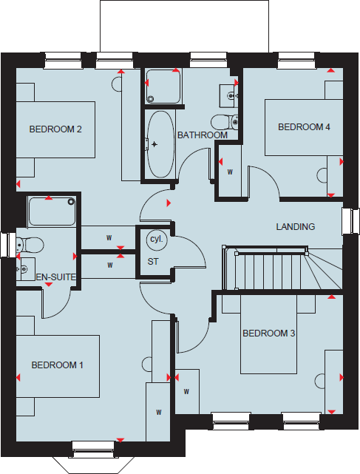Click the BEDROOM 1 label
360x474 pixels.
pyautogui.click(x=57, y=365)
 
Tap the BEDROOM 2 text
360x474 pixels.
pyautogui.click(x=55, y=129)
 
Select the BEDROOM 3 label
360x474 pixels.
pyautogui.click(x=269, y=334)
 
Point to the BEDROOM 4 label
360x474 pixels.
pyautogui.click(x=304, y=127)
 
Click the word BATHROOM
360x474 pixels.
pyautogui.click(x=202, y=135)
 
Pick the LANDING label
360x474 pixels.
pyautogui.click(x=296, y=226)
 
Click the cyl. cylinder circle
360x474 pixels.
pyautogui.click(x=156, y=240)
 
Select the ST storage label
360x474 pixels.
pyautogui.click(x=153, y=261)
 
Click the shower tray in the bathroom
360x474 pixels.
pyautogui.click(x=161, y=87)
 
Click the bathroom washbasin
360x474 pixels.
pyautogui.click(x=228, y=95)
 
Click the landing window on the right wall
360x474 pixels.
pyautogui.click(x=348, y=222)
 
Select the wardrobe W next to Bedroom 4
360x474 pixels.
pyautogui.click(x=230, y=172)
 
